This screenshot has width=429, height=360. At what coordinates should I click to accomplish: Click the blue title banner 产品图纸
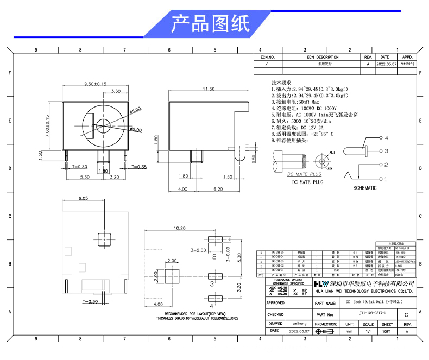pos(210,23)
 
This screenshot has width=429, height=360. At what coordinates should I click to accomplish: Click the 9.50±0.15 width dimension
pos(95,84)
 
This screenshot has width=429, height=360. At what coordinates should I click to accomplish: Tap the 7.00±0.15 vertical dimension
pos(47,127)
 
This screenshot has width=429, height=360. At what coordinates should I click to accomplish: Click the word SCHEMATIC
pos(364,188)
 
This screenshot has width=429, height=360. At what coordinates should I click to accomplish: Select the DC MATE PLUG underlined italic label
pos(305,174)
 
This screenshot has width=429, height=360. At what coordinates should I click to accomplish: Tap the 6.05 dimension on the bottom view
pos(83,199)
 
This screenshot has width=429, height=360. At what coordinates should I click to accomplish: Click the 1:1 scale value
pos(369,331)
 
